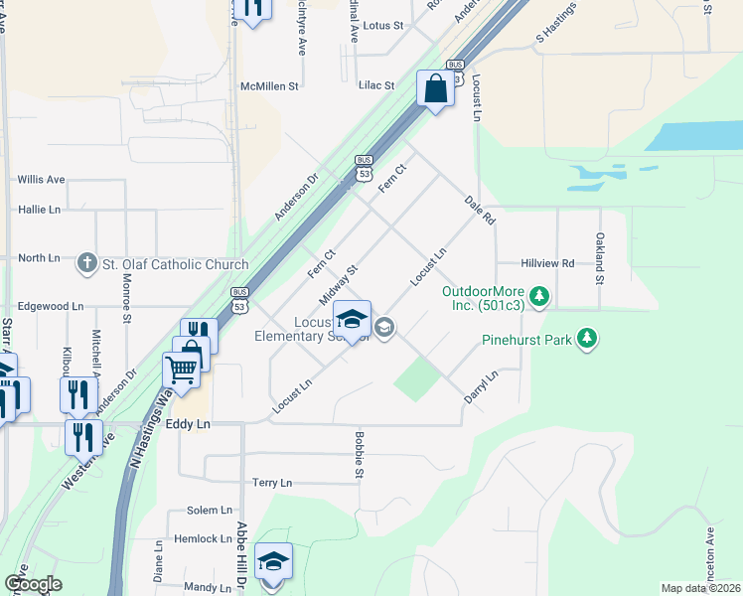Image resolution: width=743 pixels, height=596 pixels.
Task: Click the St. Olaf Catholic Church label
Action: pos(174,263)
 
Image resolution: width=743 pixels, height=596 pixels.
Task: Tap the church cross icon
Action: pos(87,262)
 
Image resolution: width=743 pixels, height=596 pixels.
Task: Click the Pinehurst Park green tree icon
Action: pos(588,340)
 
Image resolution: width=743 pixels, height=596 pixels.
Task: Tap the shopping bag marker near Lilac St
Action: pos(435,89)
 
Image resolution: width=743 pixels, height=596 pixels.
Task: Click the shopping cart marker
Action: pos(181,371)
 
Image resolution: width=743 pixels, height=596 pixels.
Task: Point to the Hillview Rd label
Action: pos(547,263)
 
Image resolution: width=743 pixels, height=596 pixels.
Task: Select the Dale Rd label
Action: pos(480,210)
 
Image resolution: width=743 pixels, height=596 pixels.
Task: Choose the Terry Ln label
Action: pos(271,483)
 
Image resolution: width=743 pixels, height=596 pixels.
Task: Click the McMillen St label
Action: pos(269,86)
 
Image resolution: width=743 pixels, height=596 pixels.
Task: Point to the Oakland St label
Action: pos(600,257)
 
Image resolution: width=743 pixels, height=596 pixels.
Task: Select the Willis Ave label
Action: pos(41,180)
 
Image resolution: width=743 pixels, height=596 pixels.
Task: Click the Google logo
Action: pos(33,584)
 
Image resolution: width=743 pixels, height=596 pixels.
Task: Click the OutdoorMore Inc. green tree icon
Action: pos(539,295)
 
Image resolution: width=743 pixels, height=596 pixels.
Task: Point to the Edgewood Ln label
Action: pos(51,308)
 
